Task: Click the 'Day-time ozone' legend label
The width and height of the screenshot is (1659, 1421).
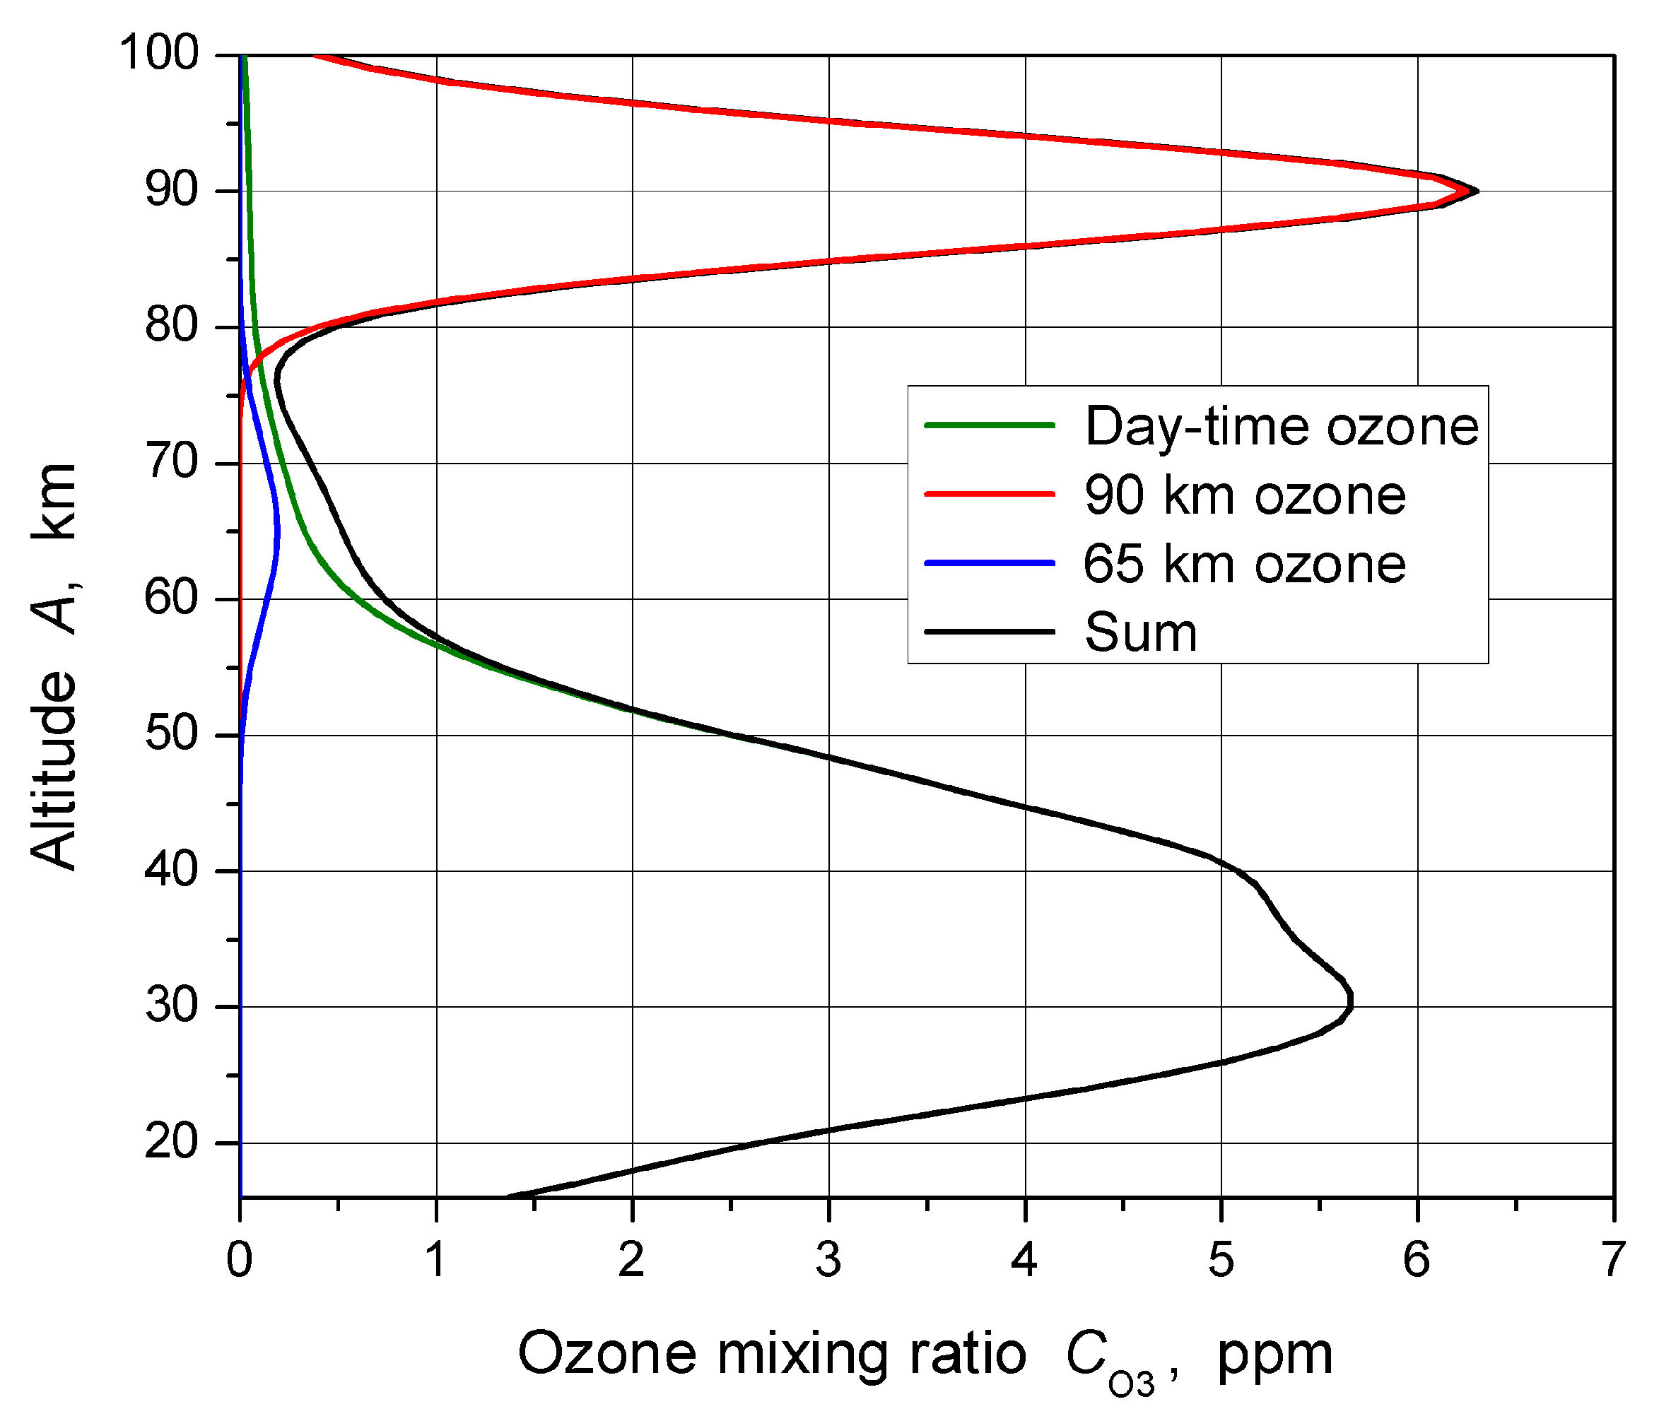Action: pos(1281,427)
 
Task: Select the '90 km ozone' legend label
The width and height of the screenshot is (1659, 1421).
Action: pos(1244,495)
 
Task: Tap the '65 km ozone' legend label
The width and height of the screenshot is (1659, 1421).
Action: pos(1244,565)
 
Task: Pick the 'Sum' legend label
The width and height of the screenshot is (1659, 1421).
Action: pos(1140,633)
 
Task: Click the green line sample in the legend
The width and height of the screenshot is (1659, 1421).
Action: pos(990,425)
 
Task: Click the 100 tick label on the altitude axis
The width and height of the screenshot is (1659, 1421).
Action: pos(158,54)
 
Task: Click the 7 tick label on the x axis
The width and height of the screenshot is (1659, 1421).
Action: pos(1612,1260)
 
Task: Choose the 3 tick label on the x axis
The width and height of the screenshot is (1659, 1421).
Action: pos(828,1260)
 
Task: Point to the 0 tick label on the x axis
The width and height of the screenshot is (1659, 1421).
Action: pos(240,1260)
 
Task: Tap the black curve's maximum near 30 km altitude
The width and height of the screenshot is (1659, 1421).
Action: pos(1352,1001)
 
